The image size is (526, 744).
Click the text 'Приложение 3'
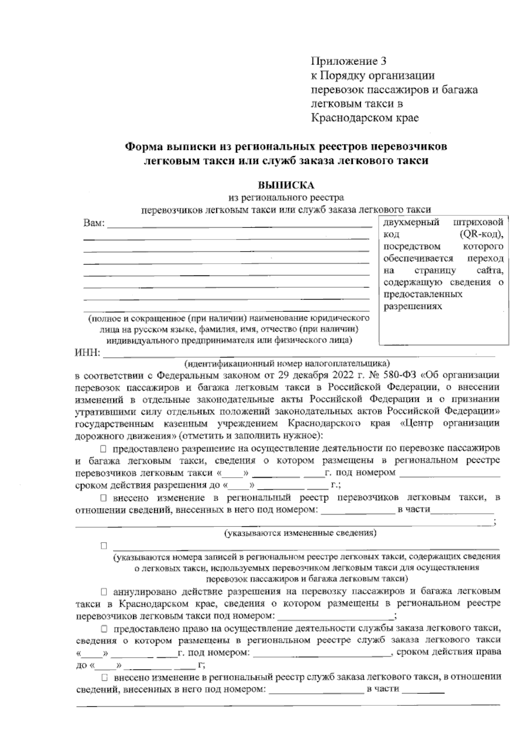(x=348, y=61)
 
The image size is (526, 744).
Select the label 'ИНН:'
(x=88, y=353)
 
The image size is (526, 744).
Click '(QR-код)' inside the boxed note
(x=481, y=234)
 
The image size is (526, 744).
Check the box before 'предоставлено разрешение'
(x=103, y=449)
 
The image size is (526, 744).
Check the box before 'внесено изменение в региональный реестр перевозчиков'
(x=103, y=498)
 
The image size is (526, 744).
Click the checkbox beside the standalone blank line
(x=104, y=546)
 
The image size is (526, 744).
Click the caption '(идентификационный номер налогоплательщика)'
(x=287, y=364)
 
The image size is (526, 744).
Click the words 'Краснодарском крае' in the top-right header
(x=365, y=118)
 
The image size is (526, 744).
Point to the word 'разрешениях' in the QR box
(x=412, y=306)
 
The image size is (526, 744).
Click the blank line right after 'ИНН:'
(x=298, y=354)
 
